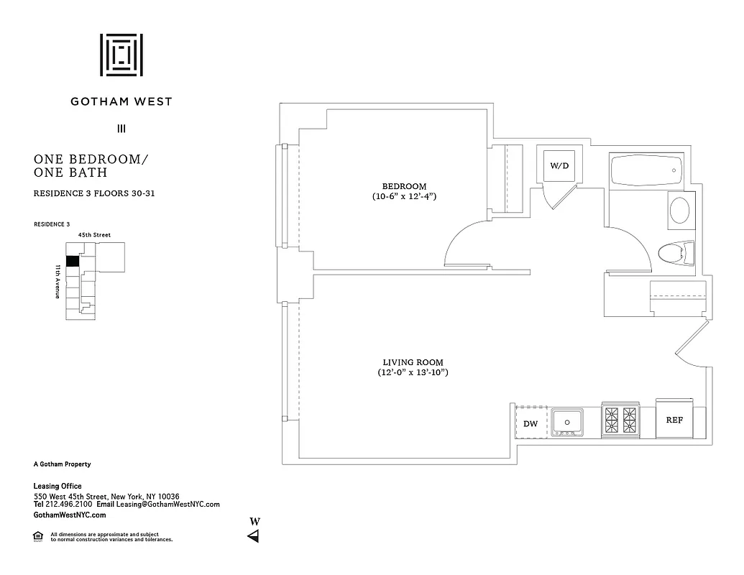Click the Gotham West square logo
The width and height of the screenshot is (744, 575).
click(121, 55)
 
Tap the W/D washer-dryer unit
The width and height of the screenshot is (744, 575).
click(559, 165)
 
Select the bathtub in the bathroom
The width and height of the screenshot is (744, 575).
click(646, 171)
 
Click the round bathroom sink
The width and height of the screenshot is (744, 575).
click(679, 211)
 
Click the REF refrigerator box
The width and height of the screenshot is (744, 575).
click(674, 420)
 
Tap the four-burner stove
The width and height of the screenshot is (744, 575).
click(620, 420)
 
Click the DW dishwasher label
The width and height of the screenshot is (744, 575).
click(531, 424)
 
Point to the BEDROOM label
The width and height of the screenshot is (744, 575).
click(405, 186)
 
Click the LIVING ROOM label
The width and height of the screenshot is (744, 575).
click(413, 362)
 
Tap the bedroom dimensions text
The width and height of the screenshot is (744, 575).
click(405, 196)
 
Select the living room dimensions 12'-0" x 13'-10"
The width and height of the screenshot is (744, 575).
click(413, 372)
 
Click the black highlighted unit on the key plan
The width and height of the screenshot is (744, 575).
click(72, 262)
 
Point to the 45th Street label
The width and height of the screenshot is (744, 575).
click(94, 234)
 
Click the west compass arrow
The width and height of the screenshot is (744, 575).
click(253, 536)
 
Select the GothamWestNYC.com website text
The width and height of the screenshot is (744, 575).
click(70, 515)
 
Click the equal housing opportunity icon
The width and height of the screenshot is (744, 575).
click(38, 535)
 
